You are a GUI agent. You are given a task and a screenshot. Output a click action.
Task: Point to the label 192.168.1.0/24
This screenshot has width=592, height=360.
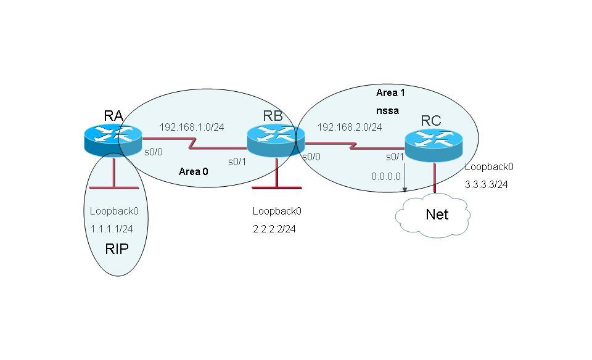click(x=192, y=128)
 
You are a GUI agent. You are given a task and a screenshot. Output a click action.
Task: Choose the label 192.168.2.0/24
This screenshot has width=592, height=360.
click(x=350, y=128)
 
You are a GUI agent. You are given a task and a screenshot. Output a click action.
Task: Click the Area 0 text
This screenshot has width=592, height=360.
click(x=193, y=171)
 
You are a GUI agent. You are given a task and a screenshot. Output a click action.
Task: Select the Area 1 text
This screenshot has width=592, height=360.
click(x=390, y=92)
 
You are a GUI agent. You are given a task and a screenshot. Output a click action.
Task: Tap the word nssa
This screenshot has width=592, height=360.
click(x=387, y=111)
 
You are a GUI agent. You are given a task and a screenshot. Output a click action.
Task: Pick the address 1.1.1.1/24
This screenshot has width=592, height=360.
click(x=112, y=229)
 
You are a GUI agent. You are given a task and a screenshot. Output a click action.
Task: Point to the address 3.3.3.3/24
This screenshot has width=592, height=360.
click(x=487, y=184)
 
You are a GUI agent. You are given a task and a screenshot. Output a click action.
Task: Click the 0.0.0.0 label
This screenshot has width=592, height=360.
click(x=385, y=176)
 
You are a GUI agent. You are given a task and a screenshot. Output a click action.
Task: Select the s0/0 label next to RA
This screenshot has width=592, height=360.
click(x=154, y=152)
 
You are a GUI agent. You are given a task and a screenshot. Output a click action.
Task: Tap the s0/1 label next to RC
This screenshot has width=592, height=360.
click(x=395, y=157)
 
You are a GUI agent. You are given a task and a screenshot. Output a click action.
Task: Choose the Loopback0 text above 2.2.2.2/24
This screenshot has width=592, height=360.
click(x=277, y=211)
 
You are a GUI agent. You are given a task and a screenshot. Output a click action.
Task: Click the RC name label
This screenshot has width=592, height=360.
click(x=431, y=121)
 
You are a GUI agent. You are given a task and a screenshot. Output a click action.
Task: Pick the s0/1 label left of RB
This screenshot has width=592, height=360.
click(x=237, y=162)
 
